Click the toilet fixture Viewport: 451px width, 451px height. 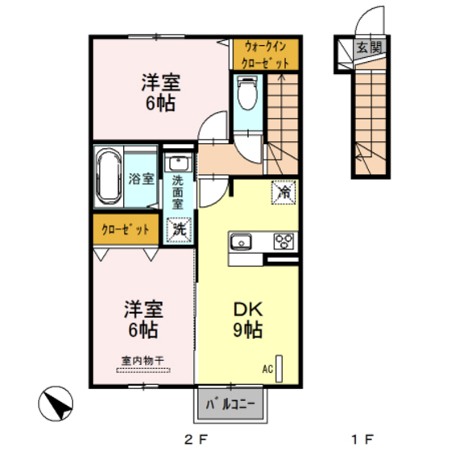point(247,93)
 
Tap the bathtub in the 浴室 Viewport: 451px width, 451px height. point(109,176)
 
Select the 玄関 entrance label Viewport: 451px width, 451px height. point(369,48)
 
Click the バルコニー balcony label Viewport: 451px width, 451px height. point(230,404)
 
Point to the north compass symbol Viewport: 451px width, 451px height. point(56,403)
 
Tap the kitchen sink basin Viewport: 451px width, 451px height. point(241,242)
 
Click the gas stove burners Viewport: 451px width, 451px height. point(283,241)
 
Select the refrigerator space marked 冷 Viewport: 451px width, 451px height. point(283,192)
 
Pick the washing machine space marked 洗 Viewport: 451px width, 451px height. point(179,229)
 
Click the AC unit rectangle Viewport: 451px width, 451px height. point(279,369)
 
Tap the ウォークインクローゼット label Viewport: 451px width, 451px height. point(265,55)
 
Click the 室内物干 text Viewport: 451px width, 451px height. point(143,361)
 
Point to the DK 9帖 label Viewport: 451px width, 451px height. point(248,319)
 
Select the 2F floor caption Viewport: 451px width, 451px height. point(196,439)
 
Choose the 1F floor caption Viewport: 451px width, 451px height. point(362,439)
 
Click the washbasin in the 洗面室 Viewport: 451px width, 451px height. point(178,163)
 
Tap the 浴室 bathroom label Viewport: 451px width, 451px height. point(141,179)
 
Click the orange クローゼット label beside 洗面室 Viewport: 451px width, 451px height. point(126,230)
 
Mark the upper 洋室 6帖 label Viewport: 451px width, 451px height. point(160,93)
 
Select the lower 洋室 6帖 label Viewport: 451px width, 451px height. point(143,319)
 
